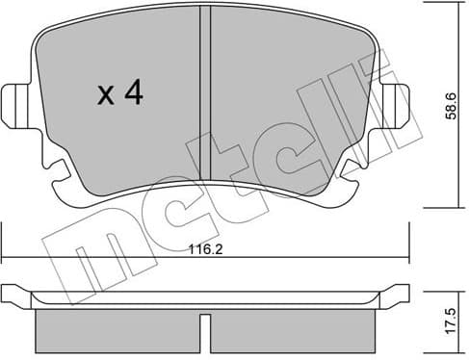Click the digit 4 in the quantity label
click(x=133, y=94)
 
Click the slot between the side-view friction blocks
click(x=205, y=330)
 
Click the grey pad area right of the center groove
click(x=289, y=106)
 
